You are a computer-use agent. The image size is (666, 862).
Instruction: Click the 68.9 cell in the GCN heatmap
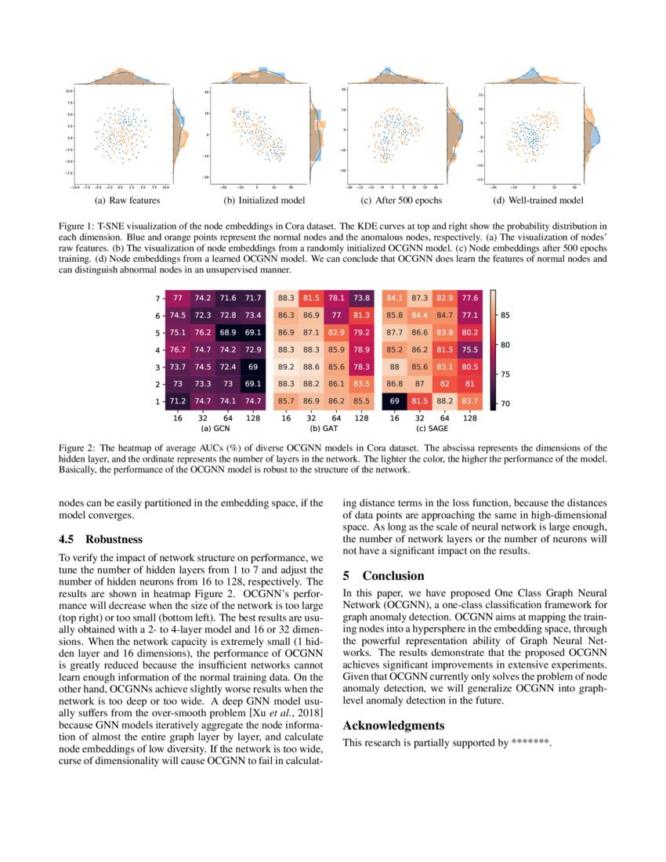click(x=228, y=332)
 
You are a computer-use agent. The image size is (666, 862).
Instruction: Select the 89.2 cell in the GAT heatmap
click(x=287, y=367)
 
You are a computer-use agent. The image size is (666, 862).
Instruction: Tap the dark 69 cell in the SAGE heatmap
click(x=395, y=401)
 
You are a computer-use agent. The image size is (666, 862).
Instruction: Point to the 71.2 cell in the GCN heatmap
click(x=179, y=401)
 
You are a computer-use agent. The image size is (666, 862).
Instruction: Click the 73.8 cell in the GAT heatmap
click(x=361, y=298)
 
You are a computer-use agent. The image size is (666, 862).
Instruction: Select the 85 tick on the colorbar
click(x=505, y=315)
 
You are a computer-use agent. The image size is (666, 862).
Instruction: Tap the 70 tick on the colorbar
click(x=505, y=403)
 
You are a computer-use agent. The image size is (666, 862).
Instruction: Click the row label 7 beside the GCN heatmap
click(x=157, y=299)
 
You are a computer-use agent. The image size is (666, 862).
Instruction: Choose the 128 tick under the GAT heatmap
click(x=361, y=418)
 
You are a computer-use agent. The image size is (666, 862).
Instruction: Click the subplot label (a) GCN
click(x=215, y=429)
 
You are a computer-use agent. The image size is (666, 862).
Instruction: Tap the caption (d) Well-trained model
click(x=534, y=201)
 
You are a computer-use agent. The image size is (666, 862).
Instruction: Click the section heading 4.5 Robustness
click(x=101, y=539)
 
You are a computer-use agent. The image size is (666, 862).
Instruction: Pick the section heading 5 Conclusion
click(x=383, y=575)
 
